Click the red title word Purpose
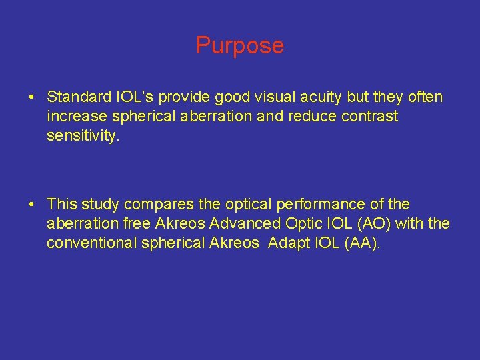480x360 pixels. tap(239, 45)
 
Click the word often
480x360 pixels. tap(425, 97)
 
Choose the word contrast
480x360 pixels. tap(367, 117)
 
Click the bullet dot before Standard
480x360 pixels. tap(32, 98)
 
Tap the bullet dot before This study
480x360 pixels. tap(32, 205)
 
